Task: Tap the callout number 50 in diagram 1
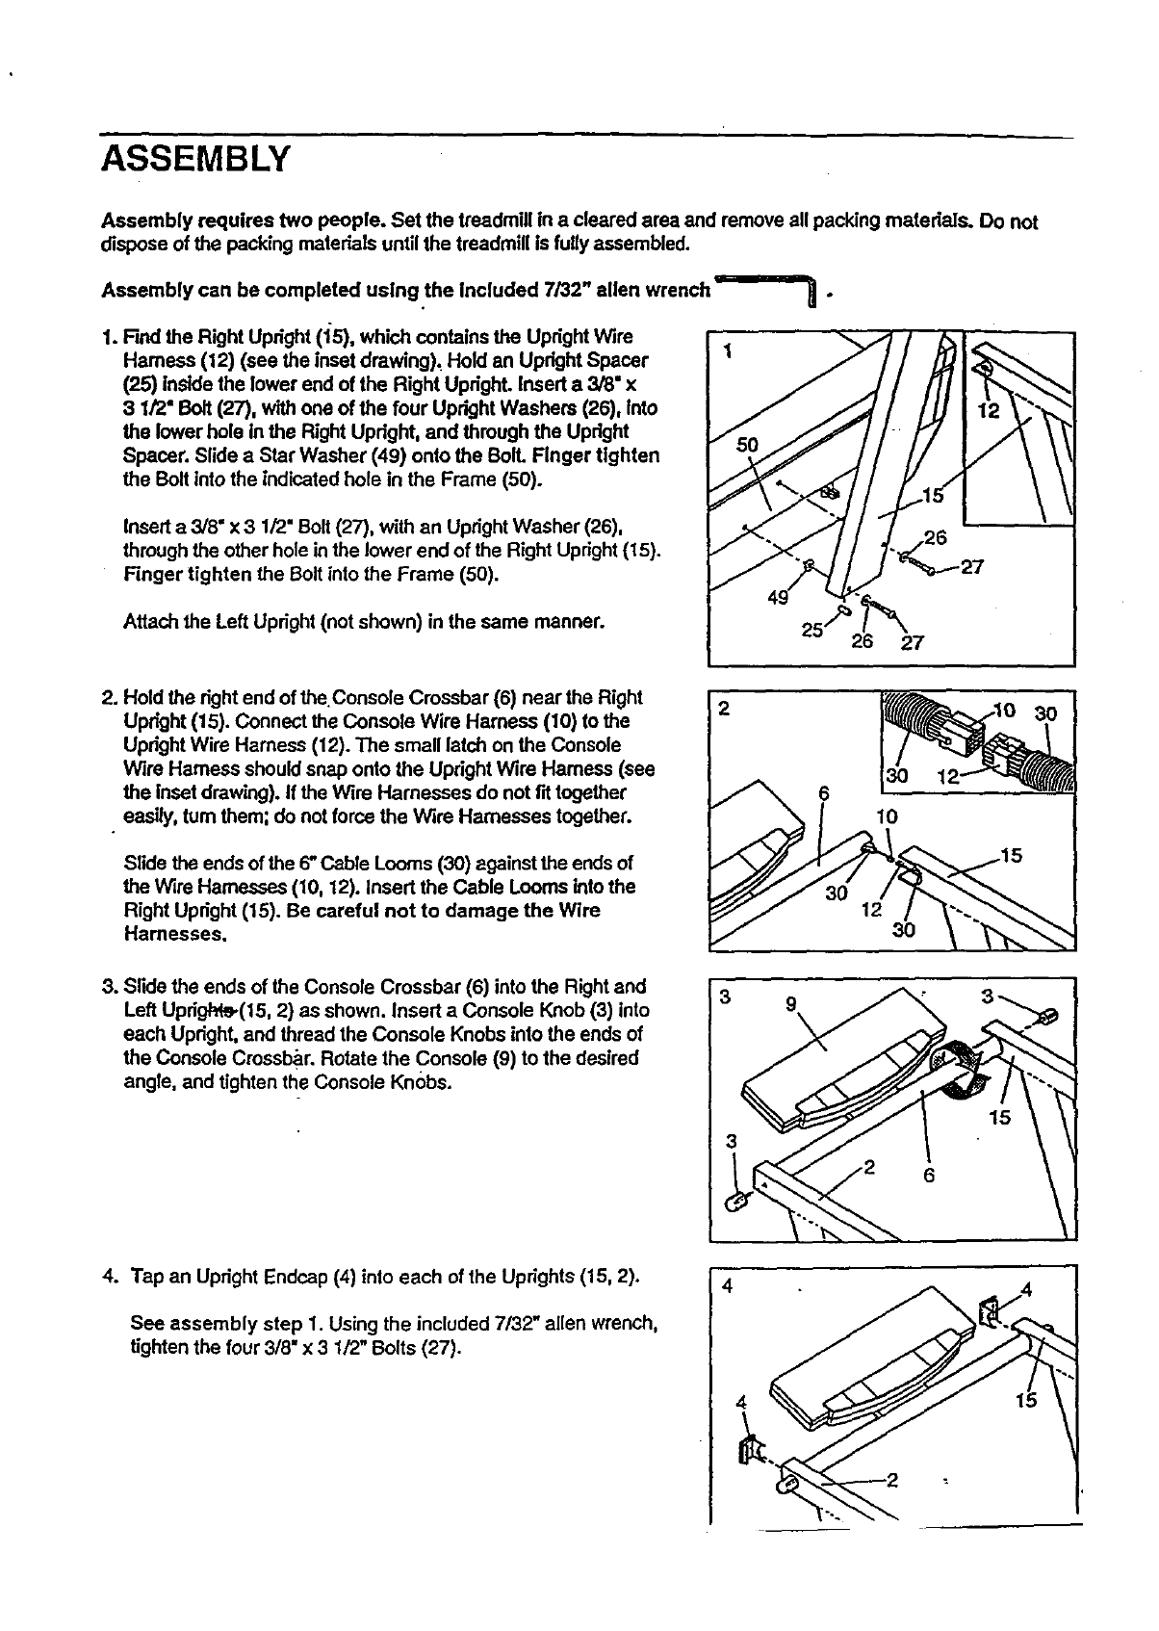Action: (747, 445)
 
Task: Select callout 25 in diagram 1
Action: (811, 631)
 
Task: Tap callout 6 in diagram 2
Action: (823, 793)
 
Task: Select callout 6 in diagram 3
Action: (929, 1176)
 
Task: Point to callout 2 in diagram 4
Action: (891, 1481)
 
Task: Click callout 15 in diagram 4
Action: (1026, 1400)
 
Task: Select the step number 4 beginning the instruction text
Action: (108, 1278)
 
